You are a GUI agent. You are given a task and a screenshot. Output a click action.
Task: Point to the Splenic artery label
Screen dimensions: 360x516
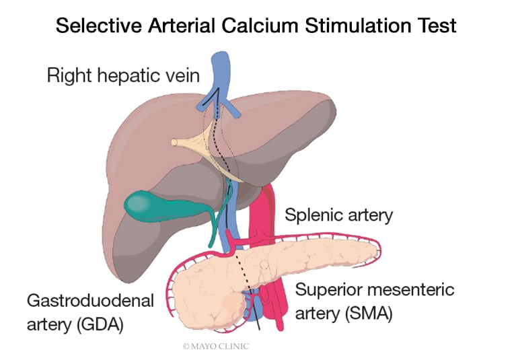(339, 216)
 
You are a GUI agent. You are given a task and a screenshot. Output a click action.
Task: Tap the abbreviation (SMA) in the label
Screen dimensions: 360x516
(367, 313)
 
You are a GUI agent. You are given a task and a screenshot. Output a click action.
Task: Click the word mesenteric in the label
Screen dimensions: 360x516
(412, 291)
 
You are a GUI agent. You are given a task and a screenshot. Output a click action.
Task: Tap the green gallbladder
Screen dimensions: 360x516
(151, 202)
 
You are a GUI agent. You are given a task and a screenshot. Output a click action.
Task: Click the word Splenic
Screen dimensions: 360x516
(312, 216)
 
